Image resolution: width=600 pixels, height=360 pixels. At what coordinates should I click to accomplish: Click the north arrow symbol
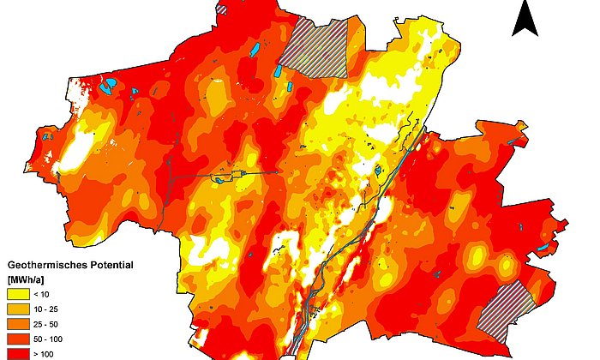(x=525, y=19)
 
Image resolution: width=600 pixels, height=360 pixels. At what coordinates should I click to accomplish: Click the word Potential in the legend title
(x=112, y=266)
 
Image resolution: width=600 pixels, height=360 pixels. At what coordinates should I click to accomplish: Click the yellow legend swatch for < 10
(x=19, y=294)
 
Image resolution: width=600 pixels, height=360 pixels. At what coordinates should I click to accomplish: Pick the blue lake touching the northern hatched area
(x=282, y=70)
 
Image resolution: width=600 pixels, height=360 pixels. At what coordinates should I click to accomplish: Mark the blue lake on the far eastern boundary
(x=543, y=249)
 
